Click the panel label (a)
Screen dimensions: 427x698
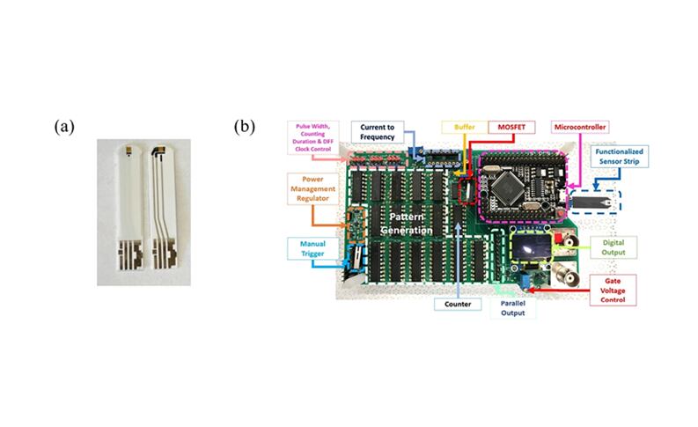(x=63, y=127)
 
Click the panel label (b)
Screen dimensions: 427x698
(x=244, y=127)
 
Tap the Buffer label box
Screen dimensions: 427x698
(x=464, y=128)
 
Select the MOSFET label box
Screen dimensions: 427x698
(x=511, y=128)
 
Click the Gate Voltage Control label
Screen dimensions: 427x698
(x=606, y=289)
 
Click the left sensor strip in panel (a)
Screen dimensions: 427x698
(x=128, y=211)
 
